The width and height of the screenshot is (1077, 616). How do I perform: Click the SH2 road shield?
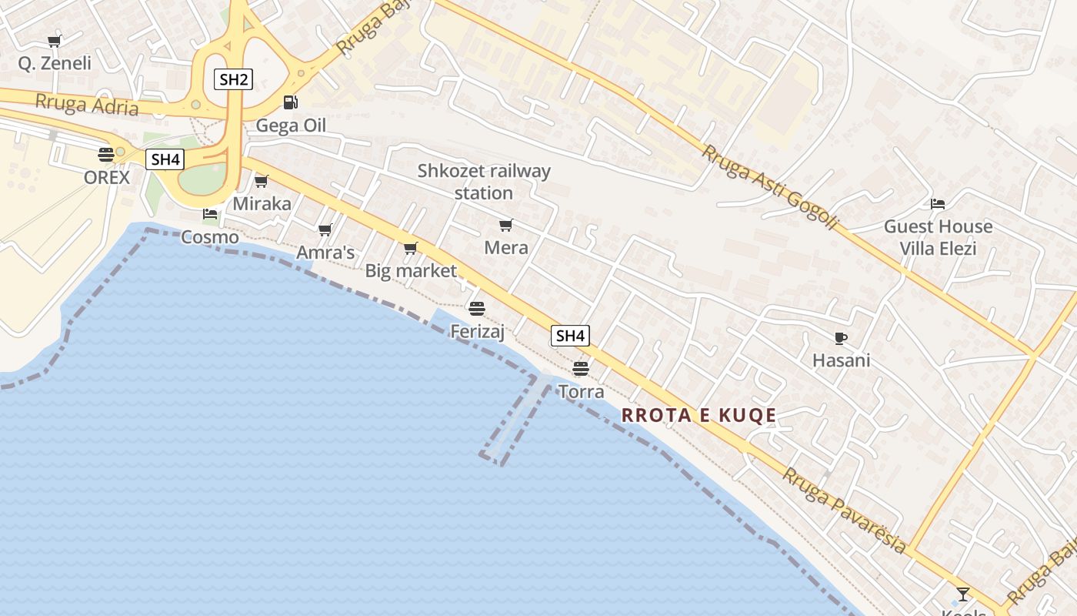[233, 79]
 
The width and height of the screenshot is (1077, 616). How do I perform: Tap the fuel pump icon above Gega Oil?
[291, 102]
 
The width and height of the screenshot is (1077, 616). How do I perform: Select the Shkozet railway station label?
[484, 182]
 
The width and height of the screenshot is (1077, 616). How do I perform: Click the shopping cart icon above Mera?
[505, 225]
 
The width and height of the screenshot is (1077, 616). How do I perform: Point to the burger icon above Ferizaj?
[477, 309]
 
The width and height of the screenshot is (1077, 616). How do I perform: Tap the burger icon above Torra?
[581, 368]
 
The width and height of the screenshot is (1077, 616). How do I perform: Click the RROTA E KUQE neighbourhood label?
[699, 416]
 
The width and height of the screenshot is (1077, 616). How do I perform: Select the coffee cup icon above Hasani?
[841, 338]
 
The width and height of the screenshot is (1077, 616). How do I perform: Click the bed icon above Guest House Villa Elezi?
[938, 204]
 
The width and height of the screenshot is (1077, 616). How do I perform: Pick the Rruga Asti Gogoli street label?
[769, 187]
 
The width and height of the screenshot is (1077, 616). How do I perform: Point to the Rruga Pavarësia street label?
[844, 510]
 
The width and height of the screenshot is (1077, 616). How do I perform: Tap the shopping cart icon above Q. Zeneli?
[54, 41]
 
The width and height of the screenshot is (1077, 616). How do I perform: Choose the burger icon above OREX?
[106, 154]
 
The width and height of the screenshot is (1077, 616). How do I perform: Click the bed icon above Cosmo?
[210, 214]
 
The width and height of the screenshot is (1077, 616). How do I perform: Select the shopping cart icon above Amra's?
[325, 229]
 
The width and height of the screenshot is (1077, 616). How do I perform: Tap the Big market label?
[410, 270]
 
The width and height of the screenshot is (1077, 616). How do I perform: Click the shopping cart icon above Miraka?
[262, 181]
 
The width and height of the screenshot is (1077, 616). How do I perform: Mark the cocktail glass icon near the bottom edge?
[962, 594]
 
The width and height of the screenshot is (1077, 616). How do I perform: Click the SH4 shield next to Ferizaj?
[570, 336]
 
